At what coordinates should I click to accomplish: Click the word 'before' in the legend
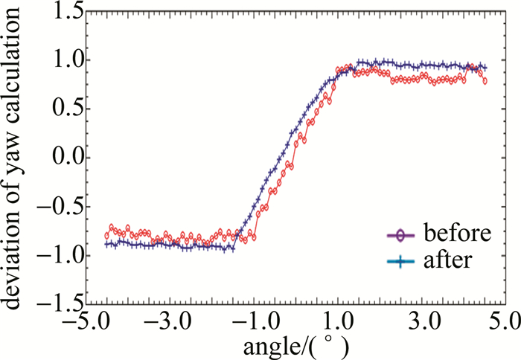pyautogui.click(x=458, y=234)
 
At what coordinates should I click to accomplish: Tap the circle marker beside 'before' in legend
pyautogui.click(x=402, y=235)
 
